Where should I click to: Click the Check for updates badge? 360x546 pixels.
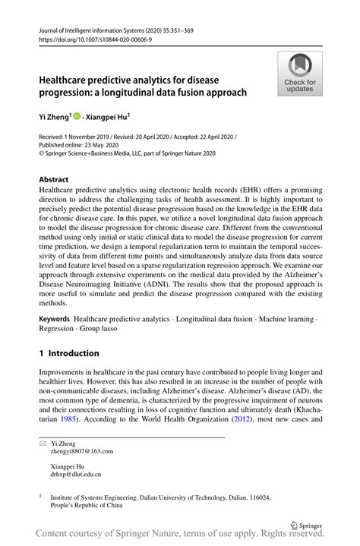click(x=300, y=73)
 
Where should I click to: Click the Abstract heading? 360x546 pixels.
click(x=58, y=180)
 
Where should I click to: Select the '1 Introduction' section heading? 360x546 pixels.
click(x=69, y=353)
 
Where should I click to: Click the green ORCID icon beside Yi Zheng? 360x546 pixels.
click(x=77, y=116)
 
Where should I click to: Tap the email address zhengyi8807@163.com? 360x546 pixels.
click(x=82, y=450)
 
